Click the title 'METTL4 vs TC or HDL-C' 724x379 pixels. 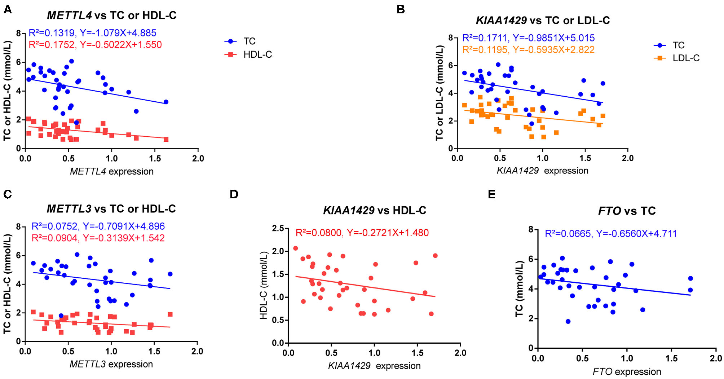111,16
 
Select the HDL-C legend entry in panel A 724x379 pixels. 257,54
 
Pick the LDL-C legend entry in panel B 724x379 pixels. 685,58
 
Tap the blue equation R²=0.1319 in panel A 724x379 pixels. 92,33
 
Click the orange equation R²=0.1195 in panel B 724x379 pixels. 528,50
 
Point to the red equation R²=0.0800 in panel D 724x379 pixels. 362,233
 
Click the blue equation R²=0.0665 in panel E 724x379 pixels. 611,234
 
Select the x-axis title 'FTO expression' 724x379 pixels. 627,372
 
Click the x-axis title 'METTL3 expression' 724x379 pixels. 111,364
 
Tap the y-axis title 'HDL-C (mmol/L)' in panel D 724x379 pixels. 264,285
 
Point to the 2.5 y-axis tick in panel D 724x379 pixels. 278,228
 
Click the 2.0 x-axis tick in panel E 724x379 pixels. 715,358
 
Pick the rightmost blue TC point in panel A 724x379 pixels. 166,102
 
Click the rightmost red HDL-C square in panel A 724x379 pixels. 166,140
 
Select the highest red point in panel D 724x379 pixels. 295,248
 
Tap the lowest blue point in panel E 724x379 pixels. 568,321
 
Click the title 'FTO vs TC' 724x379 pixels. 627,211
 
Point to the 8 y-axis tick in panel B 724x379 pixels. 450,38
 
